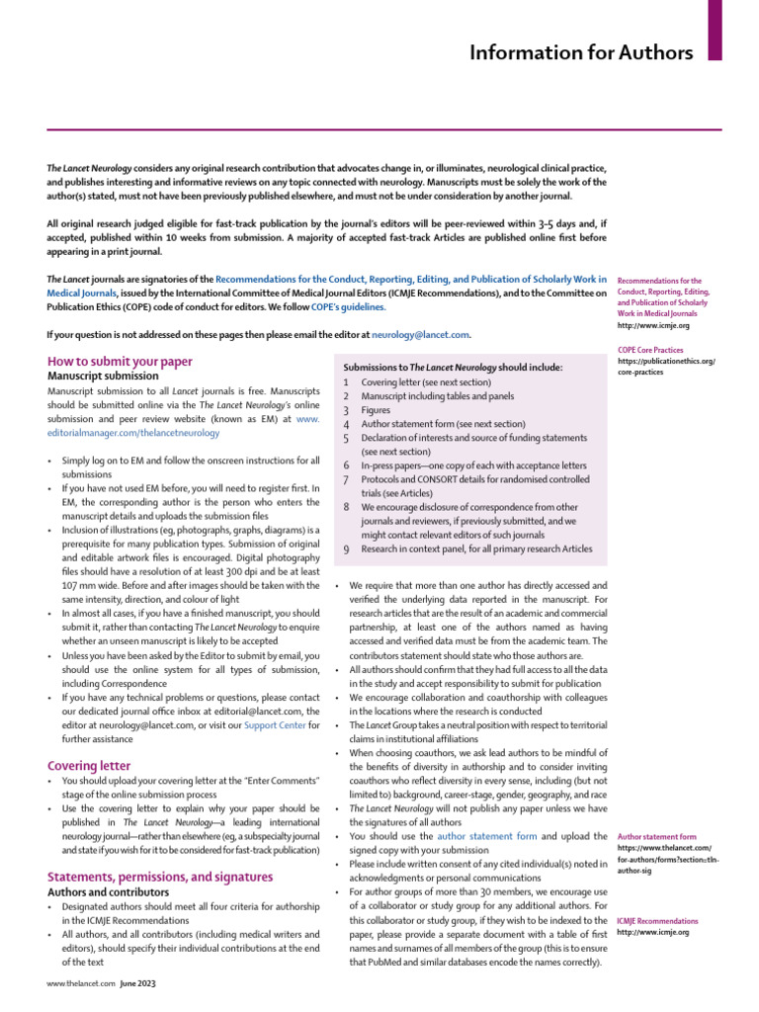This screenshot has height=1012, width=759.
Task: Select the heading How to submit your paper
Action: click(120, 362)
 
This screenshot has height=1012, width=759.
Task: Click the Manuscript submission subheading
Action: click(103, 377)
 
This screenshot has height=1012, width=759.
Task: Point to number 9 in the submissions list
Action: click(346, 549)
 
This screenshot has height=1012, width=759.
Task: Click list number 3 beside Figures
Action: click(346, 410)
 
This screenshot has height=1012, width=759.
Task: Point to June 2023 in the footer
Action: click(138, 984)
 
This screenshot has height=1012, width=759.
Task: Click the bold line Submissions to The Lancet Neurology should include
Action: click(451, 368)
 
